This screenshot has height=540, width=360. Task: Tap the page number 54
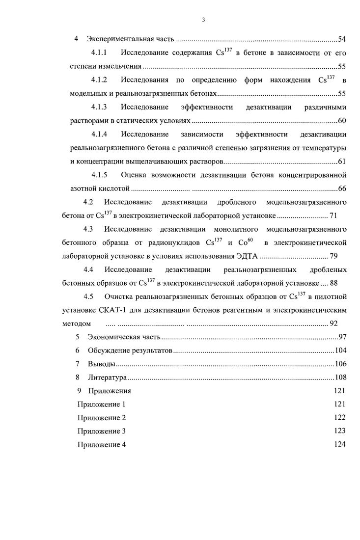[x=342, y=39]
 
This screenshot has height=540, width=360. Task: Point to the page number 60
[x=342, y=121]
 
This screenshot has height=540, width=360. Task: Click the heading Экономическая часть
[x=124, y=337]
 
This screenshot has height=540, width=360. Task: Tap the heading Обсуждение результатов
[x=130, y=351]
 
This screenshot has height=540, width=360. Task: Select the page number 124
[x=339, y=445]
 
